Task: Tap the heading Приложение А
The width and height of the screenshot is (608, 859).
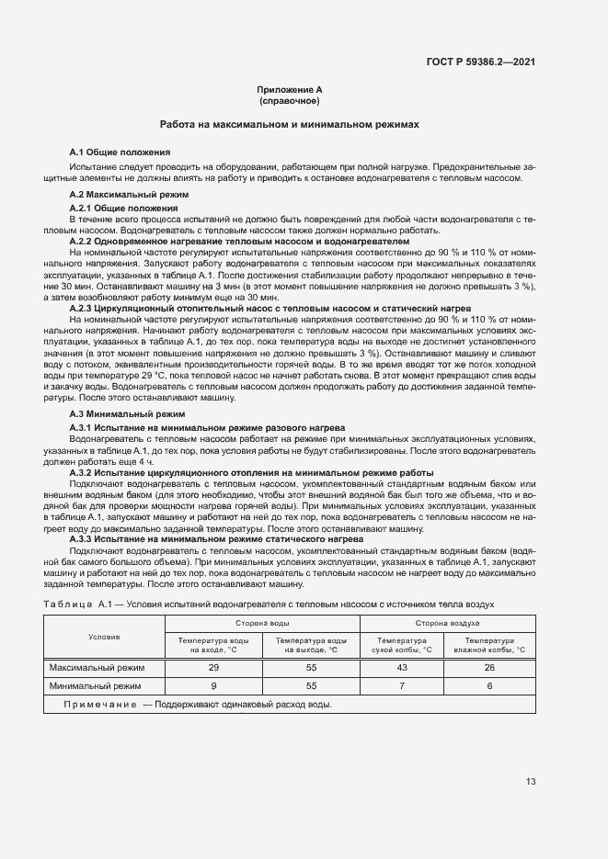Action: (289, 89)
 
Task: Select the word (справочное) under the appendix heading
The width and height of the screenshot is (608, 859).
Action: (289, 100)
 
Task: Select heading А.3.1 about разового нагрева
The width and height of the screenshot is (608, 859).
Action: (207, 428)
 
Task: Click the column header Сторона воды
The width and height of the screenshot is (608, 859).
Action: (262, 623)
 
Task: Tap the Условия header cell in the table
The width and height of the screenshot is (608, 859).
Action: (104, 636)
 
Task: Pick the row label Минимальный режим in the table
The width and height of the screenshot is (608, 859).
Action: (96, 685)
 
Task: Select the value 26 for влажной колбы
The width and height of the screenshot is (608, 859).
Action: (489, 667)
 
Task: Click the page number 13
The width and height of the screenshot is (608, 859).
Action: (531, 782)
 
